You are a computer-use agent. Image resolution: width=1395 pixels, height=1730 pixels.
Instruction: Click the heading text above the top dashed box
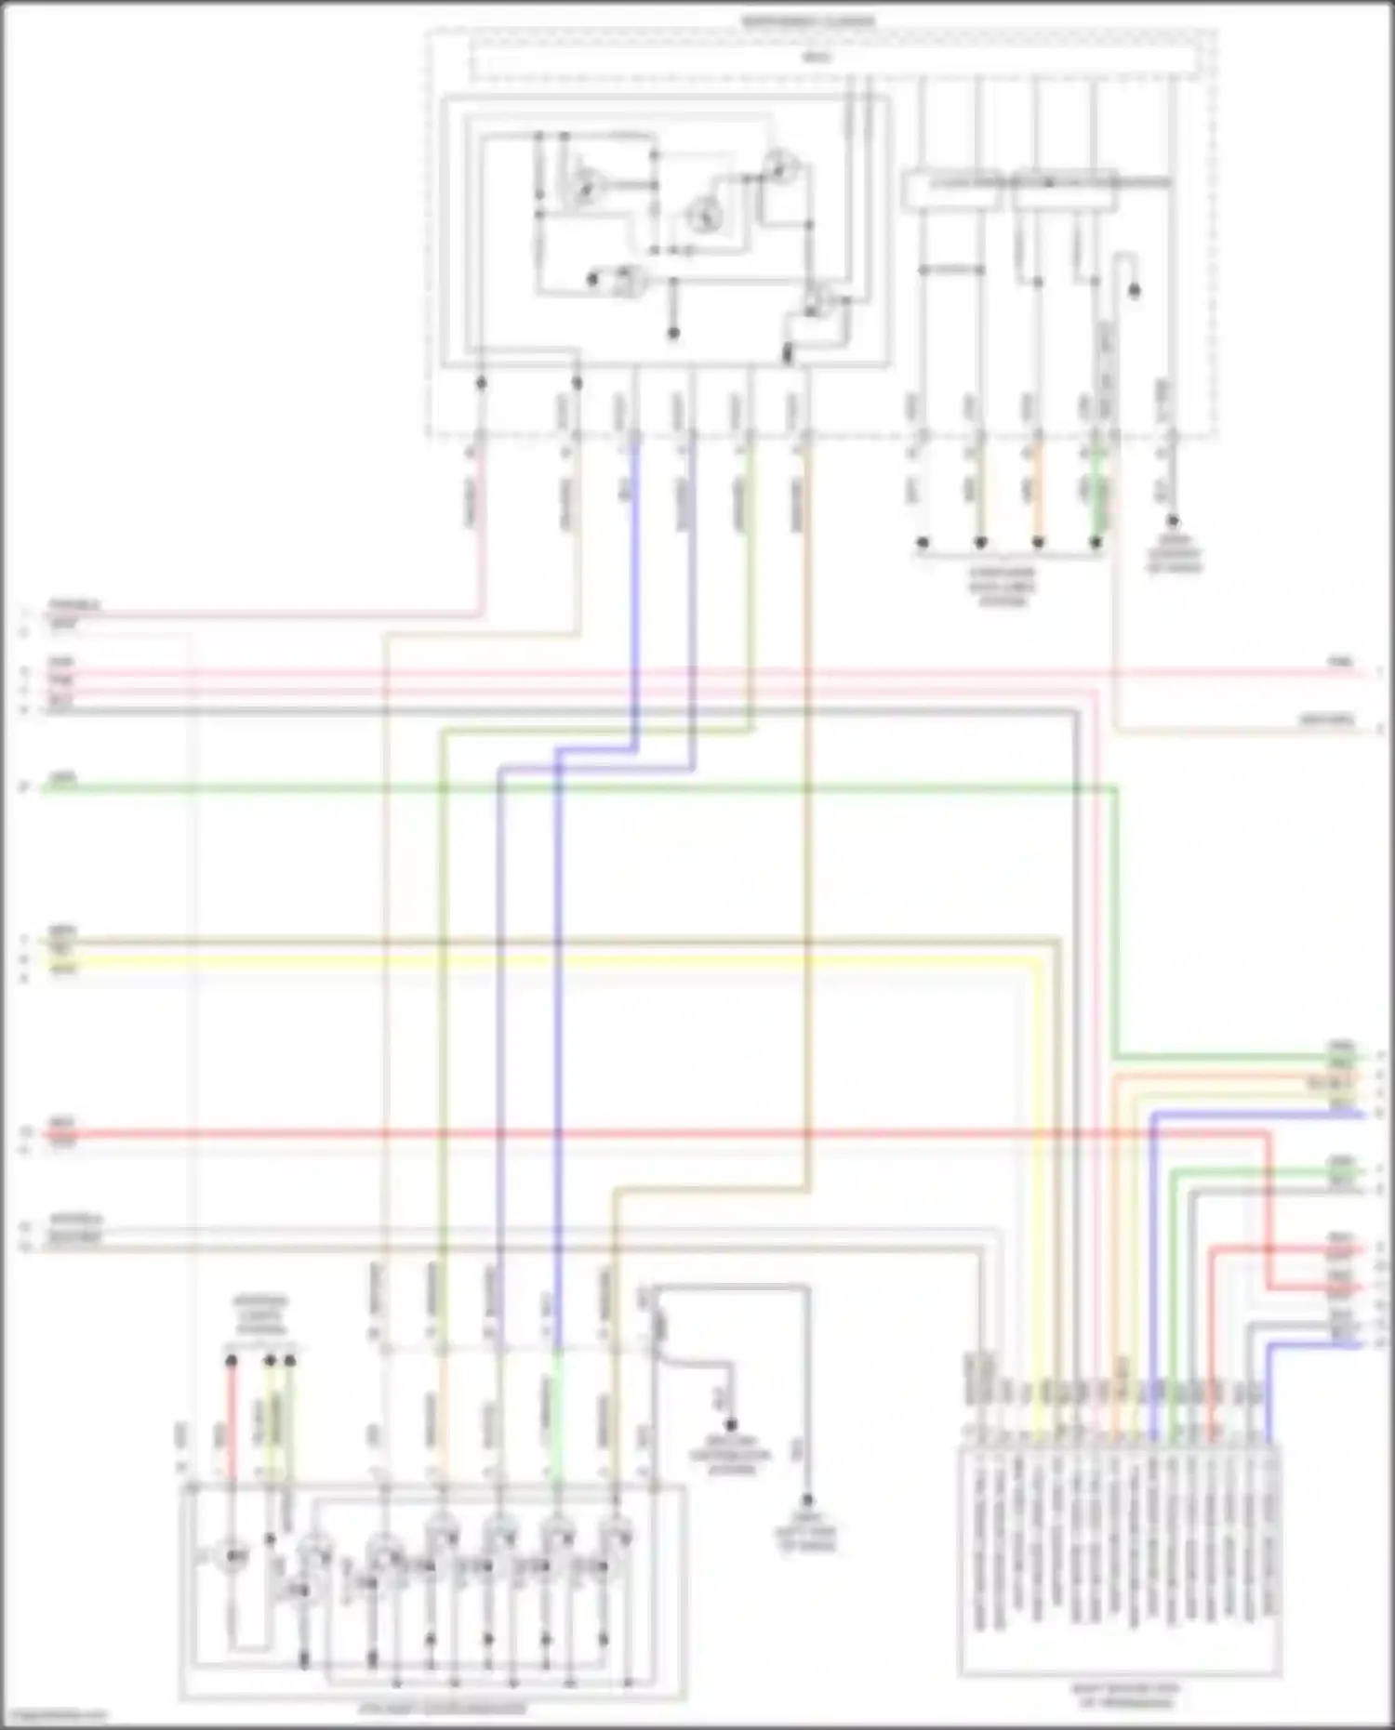click(x=807, y=20)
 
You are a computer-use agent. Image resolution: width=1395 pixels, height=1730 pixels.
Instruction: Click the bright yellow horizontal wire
click(x=558, y=961)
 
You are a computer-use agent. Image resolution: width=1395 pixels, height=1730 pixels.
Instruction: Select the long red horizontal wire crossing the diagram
click(x=651, y=1134)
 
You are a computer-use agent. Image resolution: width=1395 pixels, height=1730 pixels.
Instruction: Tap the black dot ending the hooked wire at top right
click(x=1134, y=291)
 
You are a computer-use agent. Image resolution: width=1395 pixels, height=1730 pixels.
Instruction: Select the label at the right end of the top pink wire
click(x=1340, y=662)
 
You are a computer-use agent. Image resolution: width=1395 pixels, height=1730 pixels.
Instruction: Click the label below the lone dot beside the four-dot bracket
click(x=1174, y=554)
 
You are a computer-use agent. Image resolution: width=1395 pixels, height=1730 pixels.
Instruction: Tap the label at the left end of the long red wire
click(x=62, y=1123)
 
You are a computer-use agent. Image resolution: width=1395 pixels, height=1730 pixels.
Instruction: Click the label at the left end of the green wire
click(x=62, y=777)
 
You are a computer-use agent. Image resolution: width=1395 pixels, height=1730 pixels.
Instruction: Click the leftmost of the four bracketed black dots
click(x=923, y=542)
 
